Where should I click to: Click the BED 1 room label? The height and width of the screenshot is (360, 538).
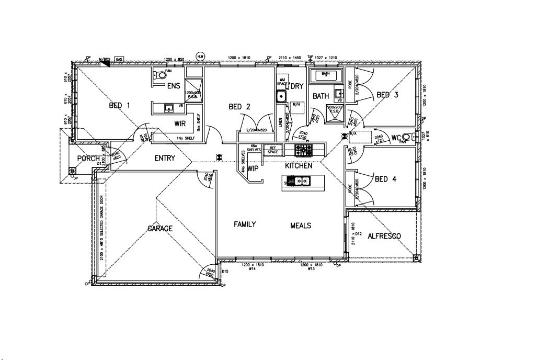[x=119, y=106]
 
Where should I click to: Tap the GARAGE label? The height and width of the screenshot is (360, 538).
[x=159, y=229]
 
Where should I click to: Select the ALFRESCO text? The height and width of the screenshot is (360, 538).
[x=384, y=237]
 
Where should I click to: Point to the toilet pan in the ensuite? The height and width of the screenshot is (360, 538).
[x=160, y=75]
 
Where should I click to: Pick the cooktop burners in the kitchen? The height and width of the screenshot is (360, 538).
[x=303, y=151]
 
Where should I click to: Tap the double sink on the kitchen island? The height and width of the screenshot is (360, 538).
[x=299, y=182]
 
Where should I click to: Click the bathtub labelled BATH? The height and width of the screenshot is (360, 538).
[x=325, y=76]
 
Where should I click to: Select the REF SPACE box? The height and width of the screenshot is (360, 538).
[x=272, y=149]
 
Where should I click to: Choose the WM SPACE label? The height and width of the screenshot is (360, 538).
[x=282, y=83]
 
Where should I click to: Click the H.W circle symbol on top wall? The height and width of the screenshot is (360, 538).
[x=200, y=56]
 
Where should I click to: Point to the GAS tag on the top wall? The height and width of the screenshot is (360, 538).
[x=119, y=60]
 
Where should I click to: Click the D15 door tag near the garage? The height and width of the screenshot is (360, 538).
[x=225, y=272]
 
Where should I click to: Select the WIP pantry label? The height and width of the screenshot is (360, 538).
[x=253, y=169]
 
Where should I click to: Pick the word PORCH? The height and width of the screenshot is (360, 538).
[x=88, y=159]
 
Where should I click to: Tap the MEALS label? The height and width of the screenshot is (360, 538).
[x=301, y=226]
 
